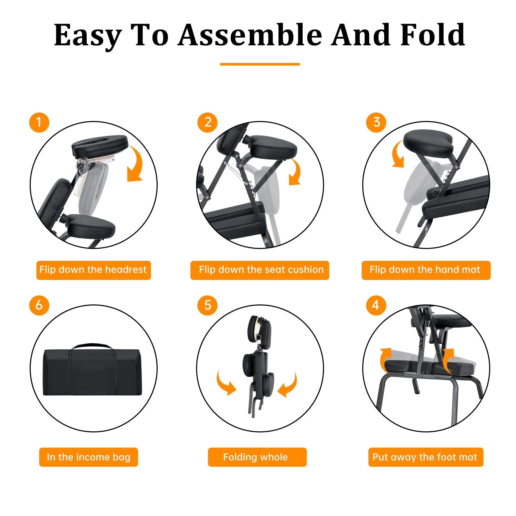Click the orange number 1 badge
[39, 122]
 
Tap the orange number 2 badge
[207, 122]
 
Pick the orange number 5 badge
[207, 305]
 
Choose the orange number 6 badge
[39, 305]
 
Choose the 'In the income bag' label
[88, 457]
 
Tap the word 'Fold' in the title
[433, 35]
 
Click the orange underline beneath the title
[260, 64]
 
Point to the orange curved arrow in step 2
[297, 171]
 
